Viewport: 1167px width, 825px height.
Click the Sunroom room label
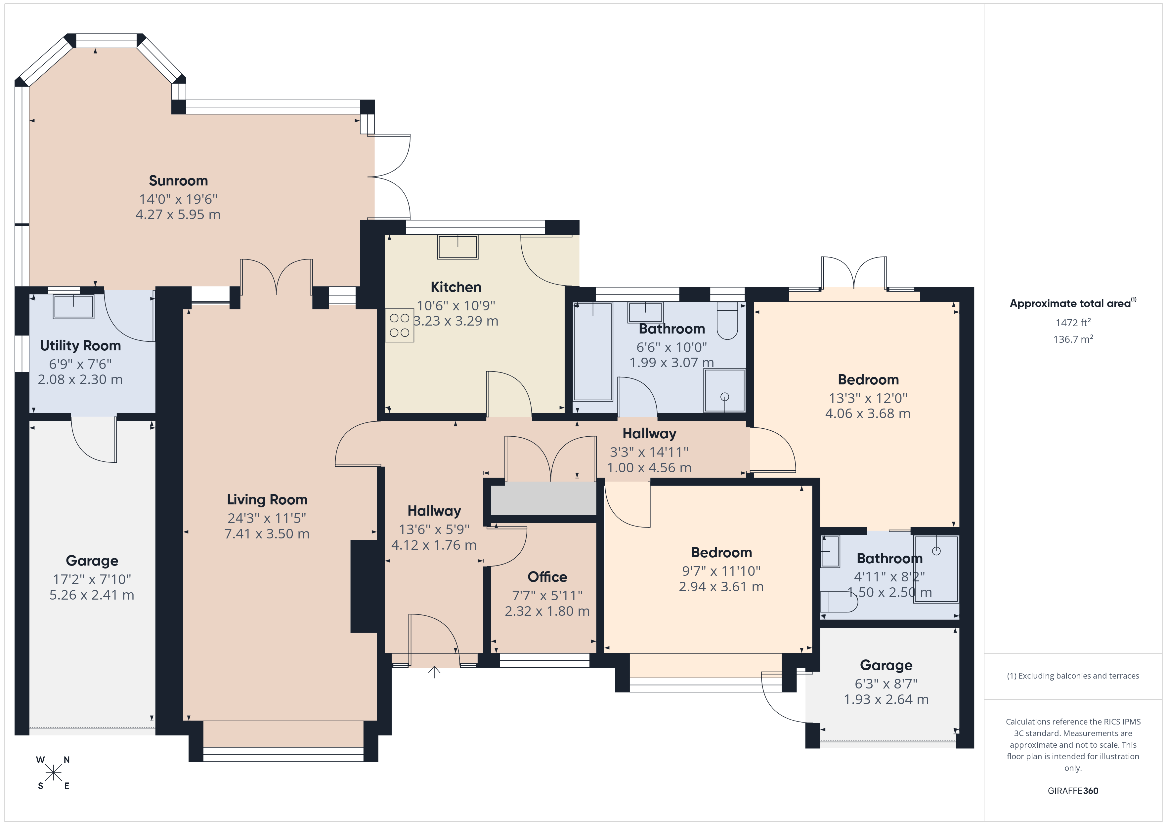178,181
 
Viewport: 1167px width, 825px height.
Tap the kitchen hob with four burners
400,326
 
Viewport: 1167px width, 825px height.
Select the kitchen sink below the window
458,247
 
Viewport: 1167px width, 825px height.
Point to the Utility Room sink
74,306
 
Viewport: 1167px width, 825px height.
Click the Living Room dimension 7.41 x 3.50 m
267,534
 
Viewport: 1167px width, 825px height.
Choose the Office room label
547,577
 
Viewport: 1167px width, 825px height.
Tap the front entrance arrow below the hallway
434,672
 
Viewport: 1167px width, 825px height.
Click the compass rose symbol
53,773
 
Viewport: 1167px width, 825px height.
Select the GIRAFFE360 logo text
1073,791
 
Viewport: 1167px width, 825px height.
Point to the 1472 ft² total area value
1073,323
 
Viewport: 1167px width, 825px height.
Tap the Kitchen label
456,287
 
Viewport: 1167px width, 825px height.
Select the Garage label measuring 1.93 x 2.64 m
886,665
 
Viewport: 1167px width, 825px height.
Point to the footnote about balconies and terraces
1073,676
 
